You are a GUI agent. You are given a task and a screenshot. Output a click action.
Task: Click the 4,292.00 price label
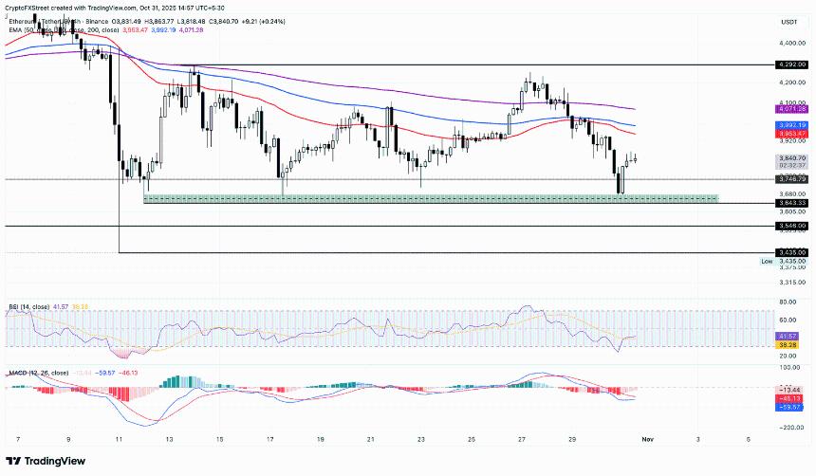(x=789, y=64)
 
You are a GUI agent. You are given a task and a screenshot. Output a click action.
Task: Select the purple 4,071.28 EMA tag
(x=789, y=109)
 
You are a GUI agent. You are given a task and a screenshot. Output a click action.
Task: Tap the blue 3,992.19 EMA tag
(x=789, y=125)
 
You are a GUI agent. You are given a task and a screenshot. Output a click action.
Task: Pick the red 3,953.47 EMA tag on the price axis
(x=789, y=134)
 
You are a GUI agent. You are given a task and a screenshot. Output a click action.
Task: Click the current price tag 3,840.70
(x=789, y=157)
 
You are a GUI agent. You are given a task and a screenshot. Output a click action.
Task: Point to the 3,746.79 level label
(x=789, y=178)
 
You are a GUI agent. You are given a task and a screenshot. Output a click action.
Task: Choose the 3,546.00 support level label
(x=789, y=226)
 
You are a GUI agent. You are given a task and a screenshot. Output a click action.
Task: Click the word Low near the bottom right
(x=766, y=260)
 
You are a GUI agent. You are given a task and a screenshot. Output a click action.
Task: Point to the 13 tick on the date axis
(x=168, y=440)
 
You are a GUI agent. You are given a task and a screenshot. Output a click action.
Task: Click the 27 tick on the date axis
(x=522, y=440)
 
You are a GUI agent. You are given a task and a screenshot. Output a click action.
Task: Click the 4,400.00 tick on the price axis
(x=789, y=44)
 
